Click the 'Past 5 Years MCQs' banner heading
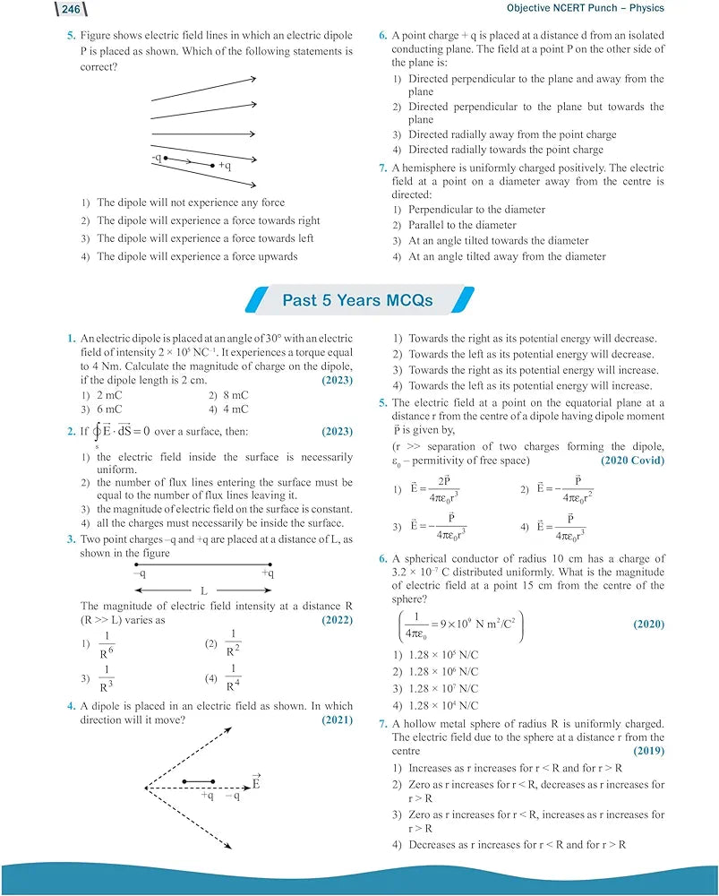click(358, 300)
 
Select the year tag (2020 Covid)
click(633, 460)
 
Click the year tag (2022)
click(337, 619)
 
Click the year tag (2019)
click(648, 750)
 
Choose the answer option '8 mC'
click(235, 395)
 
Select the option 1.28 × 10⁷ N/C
click(443, 688)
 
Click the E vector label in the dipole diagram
click(256, 782)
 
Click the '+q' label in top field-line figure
click(224, 165)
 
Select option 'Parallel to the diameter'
click(462, 225)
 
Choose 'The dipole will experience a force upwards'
click(197, 256)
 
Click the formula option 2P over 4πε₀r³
click(444, 490)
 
